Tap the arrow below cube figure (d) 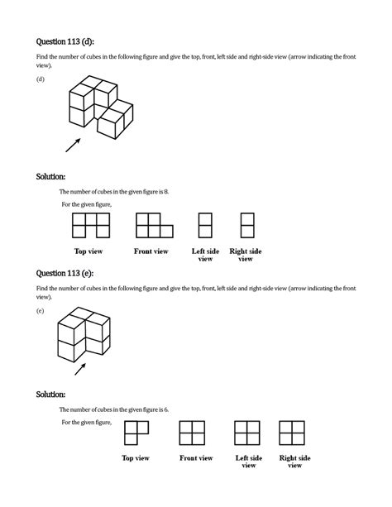click(x=74, y=145)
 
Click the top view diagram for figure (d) click(x=92, y=225)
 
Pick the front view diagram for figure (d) click(x=154, y=225)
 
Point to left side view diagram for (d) click(x=205, y=225)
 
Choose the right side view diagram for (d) click(x=246, y=225)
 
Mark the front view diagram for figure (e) click(x=193, y=433)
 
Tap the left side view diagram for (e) click(x=248, y=433)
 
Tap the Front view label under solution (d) click(x=151, y=251)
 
